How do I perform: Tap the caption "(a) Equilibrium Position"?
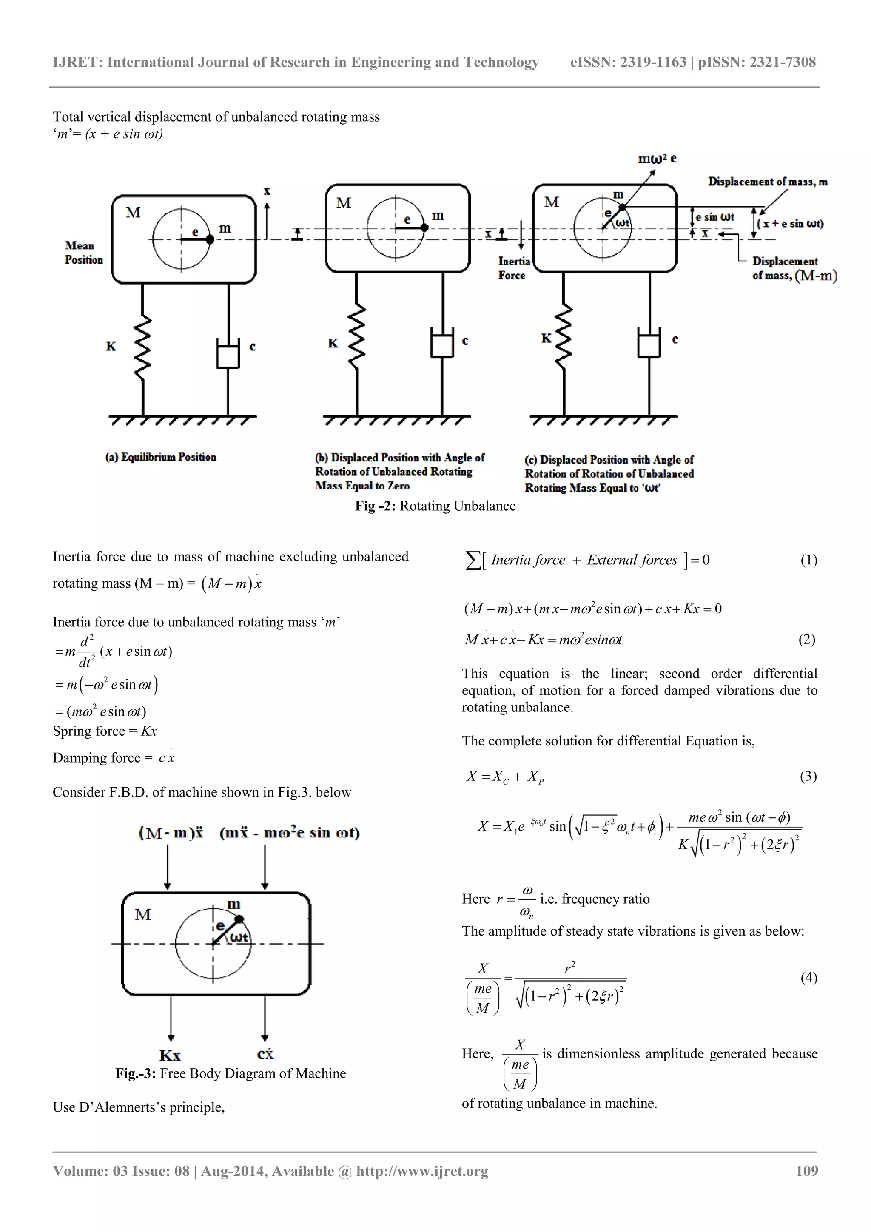pos(160,457)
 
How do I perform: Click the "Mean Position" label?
pos(84,253)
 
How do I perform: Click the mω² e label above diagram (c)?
pos(657,159)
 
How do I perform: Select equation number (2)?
pos(807,639)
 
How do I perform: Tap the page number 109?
pos(807,1171)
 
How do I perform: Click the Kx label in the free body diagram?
pos(170,1056)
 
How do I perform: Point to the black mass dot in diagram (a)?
pos(210,239)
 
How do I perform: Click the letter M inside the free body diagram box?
pos(143,914)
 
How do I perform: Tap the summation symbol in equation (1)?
pos(472,561)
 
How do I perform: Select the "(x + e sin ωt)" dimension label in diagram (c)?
pos(790,224)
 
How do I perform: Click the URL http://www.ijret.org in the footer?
pos(422,1171)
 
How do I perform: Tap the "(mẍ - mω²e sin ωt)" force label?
pos(289,833)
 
